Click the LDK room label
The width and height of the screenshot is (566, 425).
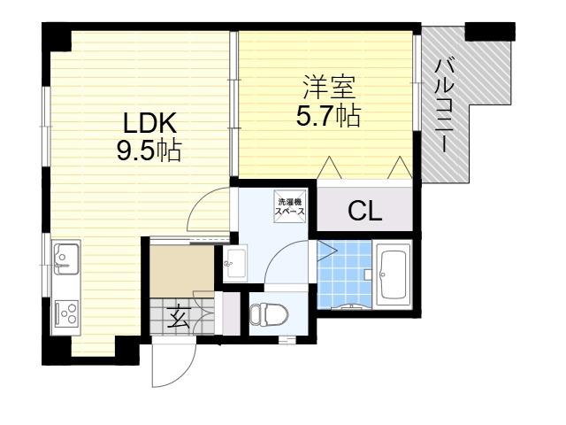point(149,123)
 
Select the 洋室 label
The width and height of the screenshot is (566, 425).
point(329,87)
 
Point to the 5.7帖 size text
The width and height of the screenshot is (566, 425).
point(328,115)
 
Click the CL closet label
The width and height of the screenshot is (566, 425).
point(365,211)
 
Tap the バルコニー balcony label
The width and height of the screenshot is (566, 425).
point(444,105)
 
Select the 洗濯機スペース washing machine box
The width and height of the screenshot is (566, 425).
point(290,207)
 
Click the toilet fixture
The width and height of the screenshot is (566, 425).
point(269,315)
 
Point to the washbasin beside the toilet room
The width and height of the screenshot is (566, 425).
point(235,264)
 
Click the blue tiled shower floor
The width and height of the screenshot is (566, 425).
point(344,274)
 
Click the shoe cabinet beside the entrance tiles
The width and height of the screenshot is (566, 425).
point(231,313)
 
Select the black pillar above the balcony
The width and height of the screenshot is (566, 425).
point(489,32)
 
